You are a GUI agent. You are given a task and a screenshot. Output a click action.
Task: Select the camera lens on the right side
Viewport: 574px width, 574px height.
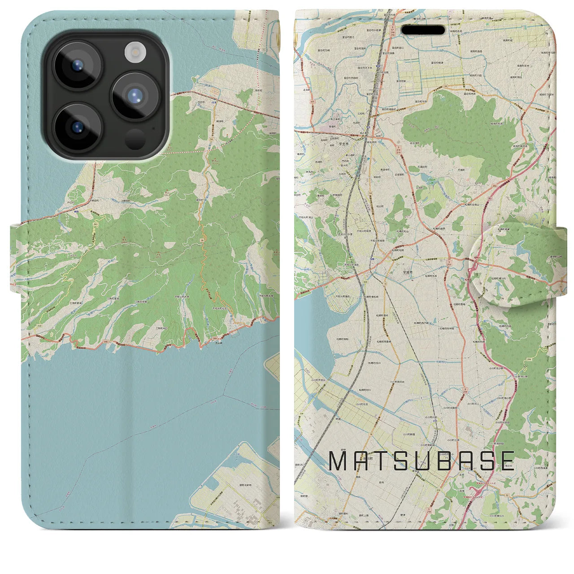click(x=134, y=96)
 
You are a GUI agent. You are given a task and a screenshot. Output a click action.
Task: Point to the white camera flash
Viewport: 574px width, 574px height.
click(x=133, y=52)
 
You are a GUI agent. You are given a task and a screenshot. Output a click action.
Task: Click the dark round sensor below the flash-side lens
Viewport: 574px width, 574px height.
click(x=135, y=139)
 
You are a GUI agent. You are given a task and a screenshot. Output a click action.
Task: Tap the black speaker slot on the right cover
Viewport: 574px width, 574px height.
click(x=423, y=30)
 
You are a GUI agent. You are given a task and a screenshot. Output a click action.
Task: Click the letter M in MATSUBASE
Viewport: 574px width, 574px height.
click(x=339, y=461)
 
